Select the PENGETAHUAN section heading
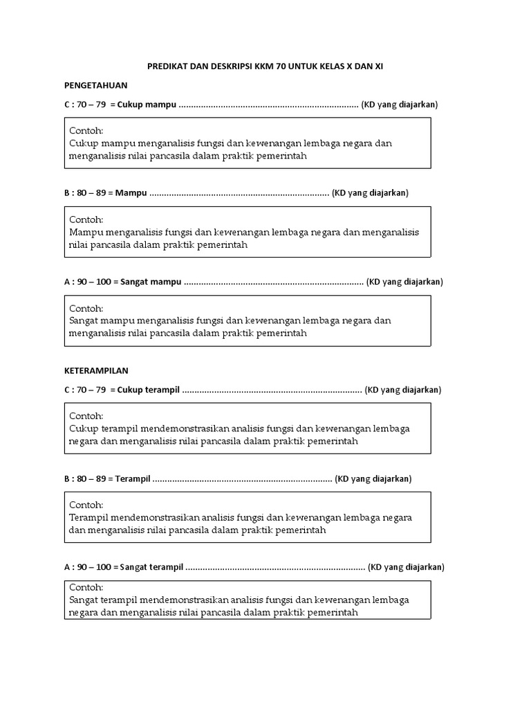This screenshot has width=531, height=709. coord(95,85)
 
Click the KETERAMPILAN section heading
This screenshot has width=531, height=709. coord(96,370)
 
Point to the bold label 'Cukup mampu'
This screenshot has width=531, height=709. coord(147,105)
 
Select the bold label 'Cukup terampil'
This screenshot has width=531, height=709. coord(149,390)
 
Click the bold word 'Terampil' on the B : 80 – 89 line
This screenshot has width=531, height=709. coord(133,478)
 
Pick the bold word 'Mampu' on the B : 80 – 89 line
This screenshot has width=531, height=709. coord(131,193)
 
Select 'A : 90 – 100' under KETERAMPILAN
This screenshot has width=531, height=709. coord(87,567)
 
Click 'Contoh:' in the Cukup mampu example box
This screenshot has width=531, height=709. coord(86,131)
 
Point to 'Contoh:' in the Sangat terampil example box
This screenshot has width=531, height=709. coord(86,587)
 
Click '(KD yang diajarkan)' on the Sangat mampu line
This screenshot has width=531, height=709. coord(404,282)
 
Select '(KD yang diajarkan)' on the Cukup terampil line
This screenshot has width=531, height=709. coord(403,390)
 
